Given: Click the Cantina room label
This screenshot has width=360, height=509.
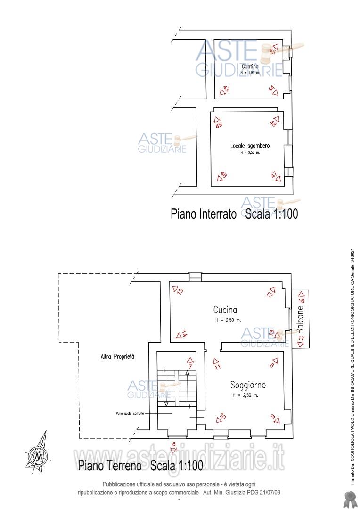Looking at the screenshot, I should tap(250, 66).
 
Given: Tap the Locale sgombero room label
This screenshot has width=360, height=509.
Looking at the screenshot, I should tap(250, 146).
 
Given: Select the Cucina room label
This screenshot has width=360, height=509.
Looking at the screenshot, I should tap(225, 310).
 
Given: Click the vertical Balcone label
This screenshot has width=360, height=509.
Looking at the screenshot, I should tap(301, 319).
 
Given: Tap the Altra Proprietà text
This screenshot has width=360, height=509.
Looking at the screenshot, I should tap(117, 357).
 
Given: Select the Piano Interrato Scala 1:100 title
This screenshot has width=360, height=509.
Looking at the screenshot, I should tap(234, 214).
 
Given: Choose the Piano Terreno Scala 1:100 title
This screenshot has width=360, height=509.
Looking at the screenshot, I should tap(140, 466).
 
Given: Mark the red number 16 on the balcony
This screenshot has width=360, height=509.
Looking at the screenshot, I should tap(302, 300).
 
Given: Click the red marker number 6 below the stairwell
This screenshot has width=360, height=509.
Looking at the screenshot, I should tap(173, 444).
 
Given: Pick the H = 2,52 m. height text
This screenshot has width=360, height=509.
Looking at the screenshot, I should tap(250, 153).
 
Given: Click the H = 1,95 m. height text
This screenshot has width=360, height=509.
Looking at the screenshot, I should tap(250, 73).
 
